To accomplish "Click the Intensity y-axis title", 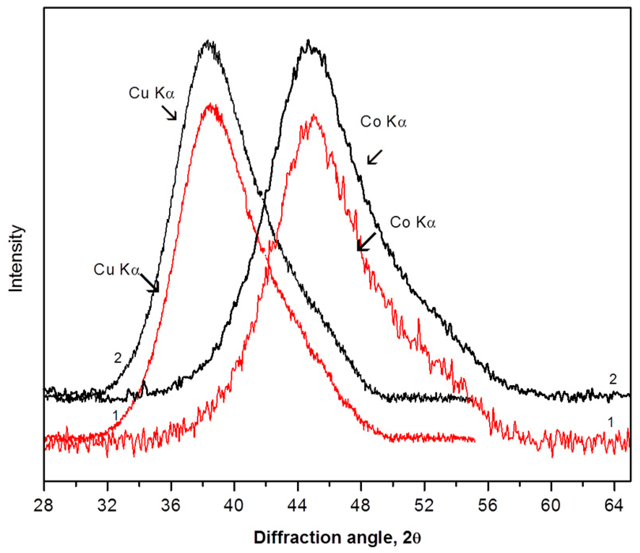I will pos(16,259).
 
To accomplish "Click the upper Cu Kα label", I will pos(152,93).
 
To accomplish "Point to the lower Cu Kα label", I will pos(117,270).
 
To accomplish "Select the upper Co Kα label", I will pos(383,122).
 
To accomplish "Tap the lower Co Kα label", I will pos(413,223).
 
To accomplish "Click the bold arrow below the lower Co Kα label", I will pos(366,241).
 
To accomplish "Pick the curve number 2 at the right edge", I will pos(613,380).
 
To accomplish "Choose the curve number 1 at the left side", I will pos(115,416).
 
